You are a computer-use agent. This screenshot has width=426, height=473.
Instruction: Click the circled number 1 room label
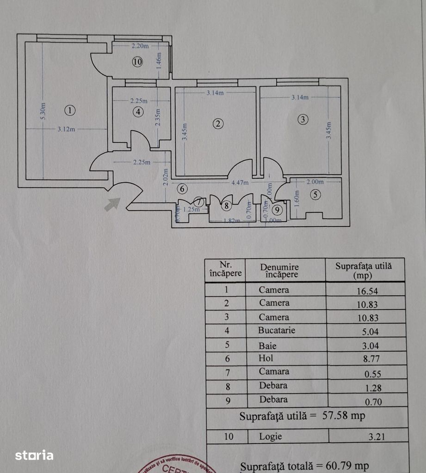pyautogui.click(x=69, y=110)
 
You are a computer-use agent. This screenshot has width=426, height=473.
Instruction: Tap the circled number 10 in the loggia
pyautogui.click(x=137, y=61)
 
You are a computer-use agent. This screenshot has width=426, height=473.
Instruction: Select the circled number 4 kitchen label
pyautogui.click(x=137, y=111)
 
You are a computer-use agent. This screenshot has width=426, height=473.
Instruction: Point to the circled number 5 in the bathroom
pyautogui.click(x=315, y=194)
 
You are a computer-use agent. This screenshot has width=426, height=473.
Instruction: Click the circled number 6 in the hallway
pyautogui.click(x=182, y=188)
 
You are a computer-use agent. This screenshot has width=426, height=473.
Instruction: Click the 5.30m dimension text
pyautogui.click(x=43, y=111)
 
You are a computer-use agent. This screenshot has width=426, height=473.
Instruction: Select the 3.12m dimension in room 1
pyautogui.click(x=66, y=129)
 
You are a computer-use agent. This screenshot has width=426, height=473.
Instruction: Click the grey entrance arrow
pyautogui.click(x=112, y=204)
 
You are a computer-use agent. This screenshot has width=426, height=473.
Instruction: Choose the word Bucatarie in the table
pyautogui.click(x=277, y=330)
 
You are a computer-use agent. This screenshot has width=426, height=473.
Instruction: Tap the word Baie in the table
pyautogui.click(x=268, y=345)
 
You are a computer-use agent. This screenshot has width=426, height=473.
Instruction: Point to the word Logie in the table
pyautogui.click(x=271, y=436)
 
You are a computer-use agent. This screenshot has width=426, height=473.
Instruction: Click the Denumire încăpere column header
pyautogui.click(x=279, y=271)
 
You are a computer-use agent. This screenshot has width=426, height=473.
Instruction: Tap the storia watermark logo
pyautogui.click(x=34, y=455)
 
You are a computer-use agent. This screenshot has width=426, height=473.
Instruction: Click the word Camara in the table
pyautogui.click(x=274, y=371)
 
